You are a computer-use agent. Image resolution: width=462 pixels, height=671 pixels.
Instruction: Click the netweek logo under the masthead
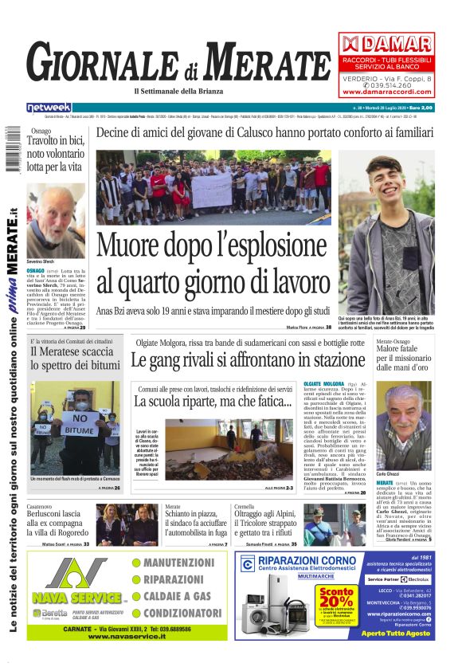pyautogui.click(x=49, y=107)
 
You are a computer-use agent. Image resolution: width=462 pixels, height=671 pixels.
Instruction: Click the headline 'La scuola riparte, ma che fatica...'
pyautogui.click(x=212, y=401)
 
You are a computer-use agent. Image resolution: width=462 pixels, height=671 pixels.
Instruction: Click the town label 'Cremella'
pyautogui.click(x=247, y=507)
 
